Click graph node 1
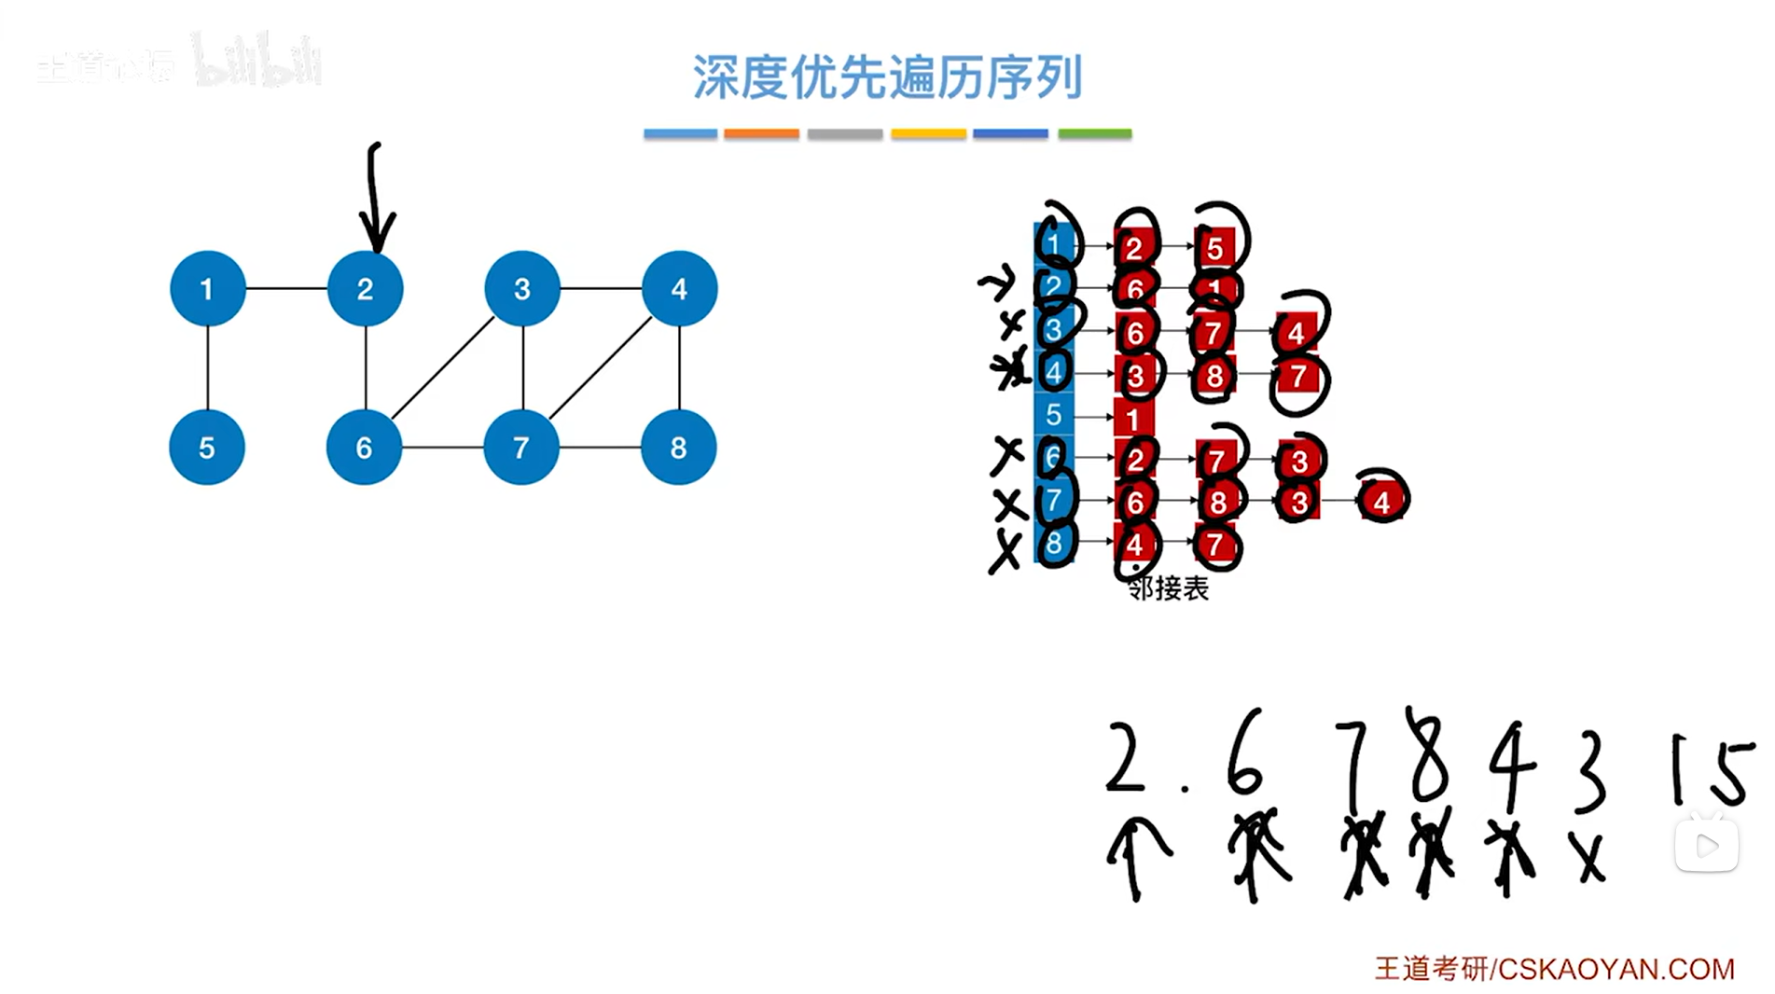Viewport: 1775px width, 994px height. click(x=207, y=289)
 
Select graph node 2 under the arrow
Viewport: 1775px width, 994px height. click(x=365, y=289)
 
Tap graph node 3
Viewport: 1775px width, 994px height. click(x=522, y=289)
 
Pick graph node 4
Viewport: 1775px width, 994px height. click(x=679, y=289)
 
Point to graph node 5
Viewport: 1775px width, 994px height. click(x=207, y=448)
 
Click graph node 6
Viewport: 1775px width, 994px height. click(x=364, y=448)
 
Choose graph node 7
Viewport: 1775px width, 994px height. click(x=521, y=448)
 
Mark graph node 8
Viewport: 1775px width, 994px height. click(x=678, y=448)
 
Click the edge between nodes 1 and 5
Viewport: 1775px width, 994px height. click(x=207, y=368)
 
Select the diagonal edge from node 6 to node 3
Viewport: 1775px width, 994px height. click(x=443, y=367)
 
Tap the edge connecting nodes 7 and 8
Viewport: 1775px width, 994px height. click(x=600, y=448)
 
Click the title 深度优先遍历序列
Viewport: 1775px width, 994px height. click(x=887, y=76)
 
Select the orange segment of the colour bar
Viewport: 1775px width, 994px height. click(x=761, y=134)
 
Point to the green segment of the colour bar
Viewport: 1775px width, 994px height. click(x=1094, y=134)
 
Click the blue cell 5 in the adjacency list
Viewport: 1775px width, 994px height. click(x=1053, y=416)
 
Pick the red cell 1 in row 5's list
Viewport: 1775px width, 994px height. click(x=1133, y=419)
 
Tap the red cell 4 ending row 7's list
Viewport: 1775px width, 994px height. click(x=1381, y=503)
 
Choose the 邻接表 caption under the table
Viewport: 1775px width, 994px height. click(x=1168, y=588)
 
